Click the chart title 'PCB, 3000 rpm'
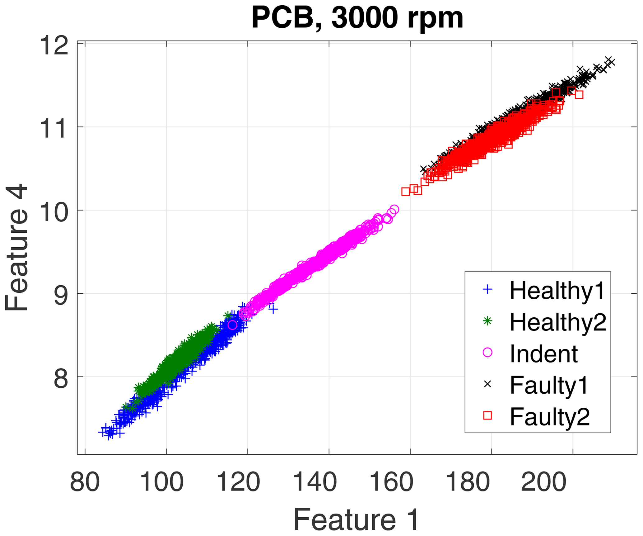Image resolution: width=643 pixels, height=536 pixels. pos(357,18)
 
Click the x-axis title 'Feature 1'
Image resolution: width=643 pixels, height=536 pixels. pos(356,519)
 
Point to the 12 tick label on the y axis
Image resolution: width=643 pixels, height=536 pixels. pos(54,46)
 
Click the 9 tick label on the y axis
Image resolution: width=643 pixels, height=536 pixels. pos(61,296)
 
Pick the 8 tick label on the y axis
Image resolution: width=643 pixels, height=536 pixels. pos(61,379)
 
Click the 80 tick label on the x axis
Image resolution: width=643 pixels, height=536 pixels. pos(85,482)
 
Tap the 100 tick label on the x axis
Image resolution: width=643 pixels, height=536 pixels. pos(162,482)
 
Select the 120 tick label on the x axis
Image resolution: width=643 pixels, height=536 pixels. pos(238,482)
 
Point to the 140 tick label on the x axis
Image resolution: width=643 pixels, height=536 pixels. pos(315,482)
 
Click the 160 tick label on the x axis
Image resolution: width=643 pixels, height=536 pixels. pos(391,482)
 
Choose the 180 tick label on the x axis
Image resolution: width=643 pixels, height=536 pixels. pos(468,482)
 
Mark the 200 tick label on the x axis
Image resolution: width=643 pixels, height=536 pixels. pos(544,482)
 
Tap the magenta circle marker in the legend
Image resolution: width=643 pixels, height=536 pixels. pos(487,352)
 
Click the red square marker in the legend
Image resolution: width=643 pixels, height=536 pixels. pos(487,415)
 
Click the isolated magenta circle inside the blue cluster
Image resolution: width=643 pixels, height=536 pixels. pos(232,325)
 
